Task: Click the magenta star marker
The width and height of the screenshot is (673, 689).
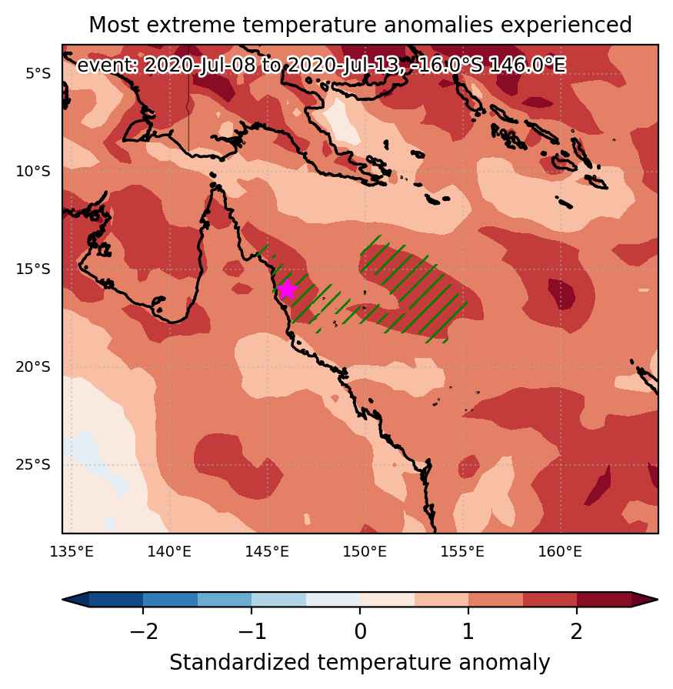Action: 287,289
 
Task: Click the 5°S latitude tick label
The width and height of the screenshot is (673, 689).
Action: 38,73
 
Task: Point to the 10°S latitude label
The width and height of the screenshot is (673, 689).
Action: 33,171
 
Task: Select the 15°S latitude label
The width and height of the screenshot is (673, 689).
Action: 33,269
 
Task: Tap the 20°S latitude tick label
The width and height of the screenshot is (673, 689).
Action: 33,366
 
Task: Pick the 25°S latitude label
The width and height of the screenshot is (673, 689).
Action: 33,464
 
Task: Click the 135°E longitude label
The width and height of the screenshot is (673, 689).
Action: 72,551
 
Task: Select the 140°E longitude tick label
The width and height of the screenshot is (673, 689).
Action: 169,551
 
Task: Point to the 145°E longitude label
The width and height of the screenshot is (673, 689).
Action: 267,551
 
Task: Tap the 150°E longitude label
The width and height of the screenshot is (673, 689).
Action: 365,551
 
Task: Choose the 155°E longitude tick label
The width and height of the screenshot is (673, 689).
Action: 462,551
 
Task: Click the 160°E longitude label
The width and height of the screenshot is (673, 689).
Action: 560,551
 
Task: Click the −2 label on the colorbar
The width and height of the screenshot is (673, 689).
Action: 144,632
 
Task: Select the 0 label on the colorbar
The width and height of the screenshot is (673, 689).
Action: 360,632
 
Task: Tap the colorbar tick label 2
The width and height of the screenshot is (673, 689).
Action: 576,632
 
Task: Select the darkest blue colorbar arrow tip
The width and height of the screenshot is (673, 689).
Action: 64,600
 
